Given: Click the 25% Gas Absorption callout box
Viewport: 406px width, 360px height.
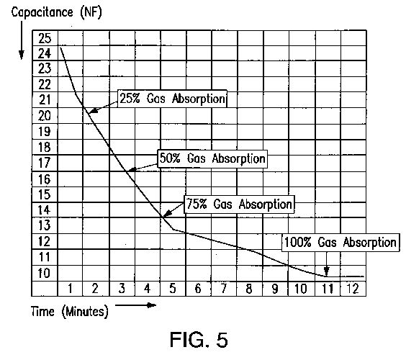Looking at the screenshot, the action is coord(172,99).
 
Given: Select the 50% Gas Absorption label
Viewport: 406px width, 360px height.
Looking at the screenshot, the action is coord(212,158).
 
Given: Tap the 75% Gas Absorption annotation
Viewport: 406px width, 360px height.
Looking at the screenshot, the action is coord(239,204).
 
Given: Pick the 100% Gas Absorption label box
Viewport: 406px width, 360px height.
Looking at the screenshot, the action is coord(340,243).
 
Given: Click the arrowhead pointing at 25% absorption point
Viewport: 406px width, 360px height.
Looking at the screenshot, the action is coord(93,111).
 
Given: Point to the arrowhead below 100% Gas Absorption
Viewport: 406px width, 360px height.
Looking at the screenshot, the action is coord(327,272).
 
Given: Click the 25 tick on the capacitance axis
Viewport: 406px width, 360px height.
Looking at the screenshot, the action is coord(45,38).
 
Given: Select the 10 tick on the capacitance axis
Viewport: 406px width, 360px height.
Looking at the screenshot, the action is coord(44,273).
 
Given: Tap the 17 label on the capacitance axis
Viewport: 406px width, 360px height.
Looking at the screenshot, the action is coord(45,163).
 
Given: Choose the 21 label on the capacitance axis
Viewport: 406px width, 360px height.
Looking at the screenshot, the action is coord(45,99).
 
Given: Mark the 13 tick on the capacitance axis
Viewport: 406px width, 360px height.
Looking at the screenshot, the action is coord(45,225).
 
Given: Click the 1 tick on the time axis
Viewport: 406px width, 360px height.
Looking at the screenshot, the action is coord(70,288).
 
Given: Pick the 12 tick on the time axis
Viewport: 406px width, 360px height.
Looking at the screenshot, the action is coord(353,289).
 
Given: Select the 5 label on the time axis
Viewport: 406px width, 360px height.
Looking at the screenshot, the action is coord(173,289).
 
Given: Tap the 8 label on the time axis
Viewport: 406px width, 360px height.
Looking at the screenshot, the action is coord(249,289).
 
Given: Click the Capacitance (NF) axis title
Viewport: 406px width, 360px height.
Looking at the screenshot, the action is coord(56,13).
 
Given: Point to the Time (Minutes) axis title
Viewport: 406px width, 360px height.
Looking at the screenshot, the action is coord(69,311).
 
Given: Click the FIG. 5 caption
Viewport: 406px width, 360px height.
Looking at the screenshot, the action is coord(199,340).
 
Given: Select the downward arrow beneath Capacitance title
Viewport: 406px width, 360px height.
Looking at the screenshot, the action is coord(22,40).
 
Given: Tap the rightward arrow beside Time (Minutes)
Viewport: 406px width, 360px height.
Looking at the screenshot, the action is coord(135,305).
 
